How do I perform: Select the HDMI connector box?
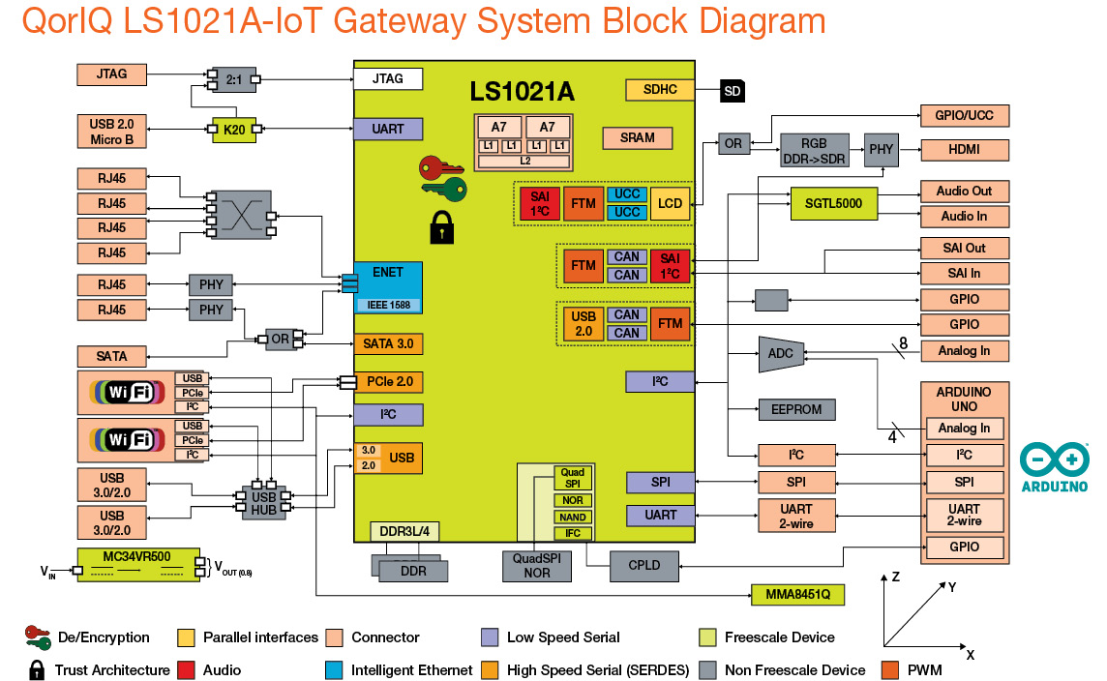964,150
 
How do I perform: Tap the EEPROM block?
796,409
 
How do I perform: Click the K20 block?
233,130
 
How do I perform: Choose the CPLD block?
643,564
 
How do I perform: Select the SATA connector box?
111,356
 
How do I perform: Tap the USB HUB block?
263,499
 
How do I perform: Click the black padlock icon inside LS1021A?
441,227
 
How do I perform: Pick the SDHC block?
659,90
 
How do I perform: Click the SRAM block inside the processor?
638,137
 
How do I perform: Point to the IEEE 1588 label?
388,305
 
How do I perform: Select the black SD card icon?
733,92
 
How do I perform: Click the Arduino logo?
1054,466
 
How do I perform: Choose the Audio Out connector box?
964,191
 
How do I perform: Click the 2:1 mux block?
233,79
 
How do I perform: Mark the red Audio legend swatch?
187,669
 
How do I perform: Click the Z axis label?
895,577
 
